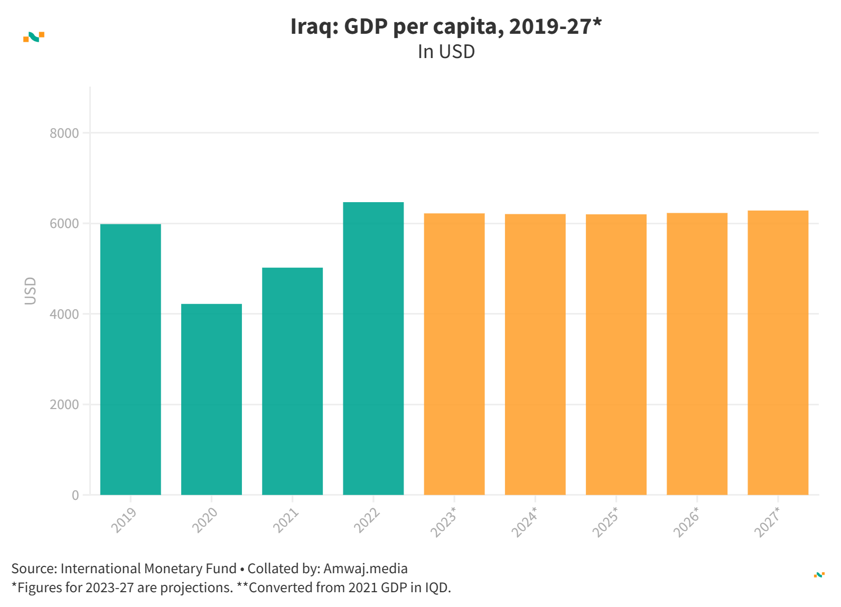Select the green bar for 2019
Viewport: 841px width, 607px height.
point(130,359)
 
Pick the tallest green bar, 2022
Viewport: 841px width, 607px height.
point(373,348)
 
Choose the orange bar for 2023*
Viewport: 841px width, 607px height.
point(454,354)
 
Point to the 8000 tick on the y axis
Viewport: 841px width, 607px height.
point(64,134)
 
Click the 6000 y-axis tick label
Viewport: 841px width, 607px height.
point(64,224)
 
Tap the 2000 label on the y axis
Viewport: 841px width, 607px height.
point(64,405)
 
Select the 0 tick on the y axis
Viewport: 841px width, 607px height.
point(76,496)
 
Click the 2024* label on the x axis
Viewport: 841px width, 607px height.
point(525,522)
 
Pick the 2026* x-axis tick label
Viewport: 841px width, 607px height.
point(686,522)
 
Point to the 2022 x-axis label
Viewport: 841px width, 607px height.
point(367,520)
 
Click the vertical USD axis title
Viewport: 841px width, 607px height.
point(31,291)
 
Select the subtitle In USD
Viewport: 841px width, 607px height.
point(446,52)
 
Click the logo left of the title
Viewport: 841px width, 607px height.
point(34,37)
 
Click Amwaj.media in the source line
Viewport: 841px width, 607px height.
point(366,568)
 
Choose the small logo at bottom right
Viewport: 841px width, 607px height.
point(819,575)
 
